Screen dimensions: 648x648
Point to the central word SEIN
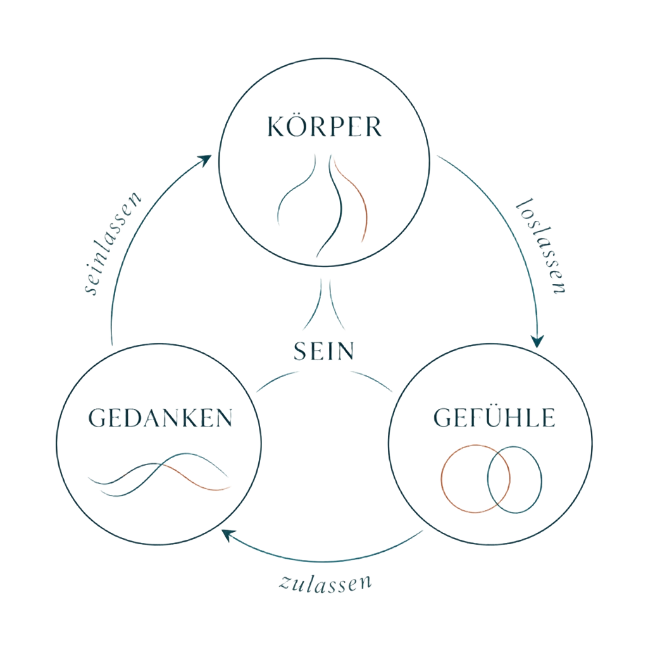pos(324,351)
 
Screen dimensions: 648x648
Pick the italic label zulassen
pos(325,583)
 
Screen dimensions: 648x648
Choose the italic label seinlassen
pos(112,243)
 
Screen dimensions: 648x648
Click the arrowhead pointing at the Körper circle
pos(205,160)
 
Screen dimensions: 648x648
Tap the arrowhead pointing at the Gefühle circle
pos(537,341)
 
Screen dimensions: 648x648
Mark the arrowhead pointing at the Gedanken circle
pos(228,535)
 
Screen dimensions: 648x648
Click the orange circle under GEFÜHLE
pos(441,478)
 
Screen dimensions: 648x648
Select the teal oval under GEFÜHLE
pos(541,480)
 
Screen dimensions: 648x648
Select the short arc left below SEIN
pos(277,380)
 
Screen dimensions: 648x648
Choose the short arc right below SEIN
pos(371,380)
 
